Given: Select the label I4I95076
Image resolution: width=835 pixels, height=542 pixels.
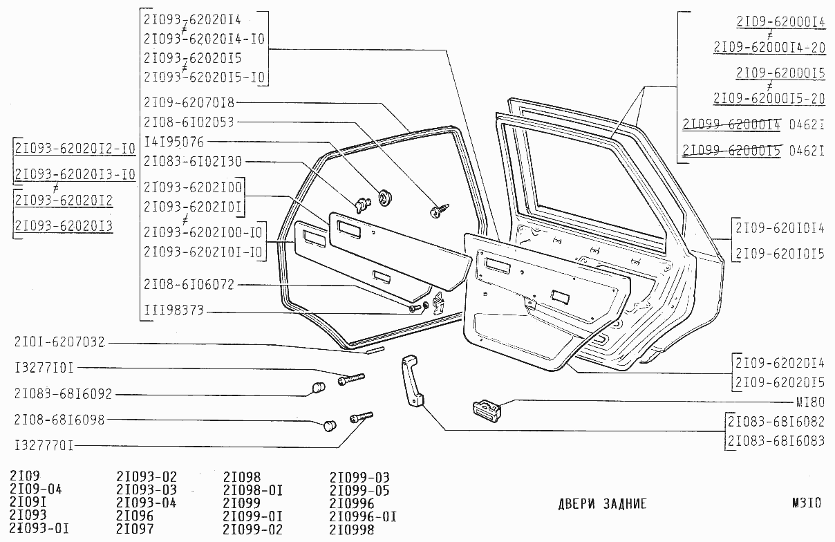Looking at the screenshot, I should (173, 142).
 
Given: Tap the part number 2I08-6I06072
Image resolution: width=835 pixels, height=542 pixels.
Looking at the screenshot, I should (189, 285).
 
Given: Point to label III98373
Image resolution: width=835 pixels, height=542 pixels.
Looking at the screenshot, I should (173, 311).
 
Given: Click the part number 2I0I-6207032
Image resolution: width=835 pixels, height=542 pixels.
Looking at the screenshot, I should (59, 342).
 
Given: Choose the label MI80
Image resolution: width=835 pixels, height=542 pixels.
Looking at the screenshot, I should (810, 402).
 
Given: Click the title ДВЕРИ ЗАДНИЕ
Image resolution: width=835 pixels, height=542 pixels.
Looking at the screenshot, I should (602, 504).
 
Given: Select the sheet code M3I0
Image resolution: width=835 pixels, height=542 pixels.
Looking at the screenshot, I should (807, 503).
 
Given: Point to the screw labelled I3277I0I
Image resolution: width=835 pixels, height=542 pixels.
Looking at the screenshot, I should (351, 378).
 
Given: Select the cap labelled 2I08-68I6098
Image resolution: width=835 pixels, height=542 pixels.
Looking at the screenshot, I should (330, 424).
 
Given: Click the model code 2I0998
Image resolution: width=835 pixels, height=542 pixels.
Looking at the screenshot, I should (352, 530).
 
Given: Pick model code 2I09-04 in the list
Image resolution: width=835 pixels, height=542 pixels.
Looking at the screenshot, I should (36, 490).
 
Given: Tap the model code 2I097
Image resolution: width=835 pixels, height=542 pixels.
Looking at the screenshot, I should (135, 530).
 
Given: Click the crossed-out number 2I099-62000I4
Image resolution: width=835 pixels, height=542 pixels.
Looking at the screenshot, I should (731, 124).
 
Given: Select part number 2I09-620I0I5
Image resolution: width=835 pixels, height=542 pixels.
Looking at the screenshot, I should (780, 254).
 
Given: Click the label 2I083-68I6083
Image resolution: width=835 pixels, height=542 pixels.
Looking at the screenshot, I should (776, 440).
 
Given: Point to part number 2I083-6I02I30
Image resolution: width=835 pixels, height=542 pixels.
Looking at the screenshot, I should (193, 161).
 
